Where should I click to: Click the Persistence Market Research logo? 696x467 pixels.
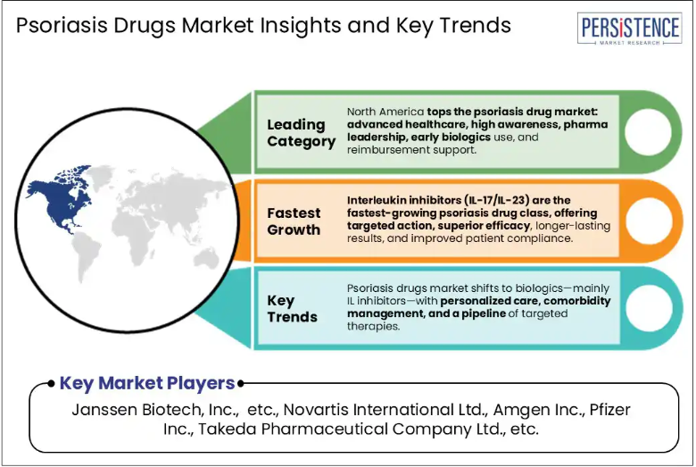point(629,29)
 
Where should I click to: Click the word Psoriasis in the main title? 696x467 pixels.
point(62,25)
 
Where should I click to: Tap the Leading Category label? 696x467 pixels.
point(302,133)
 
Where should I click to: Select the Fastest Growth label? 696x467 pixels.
point(294,221)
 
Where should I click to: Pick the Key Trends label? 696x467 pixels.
point(292,309)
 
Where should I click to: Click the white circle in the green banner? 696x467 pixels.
point(648,132)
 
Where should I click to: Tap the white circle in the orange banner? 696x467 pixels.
point(649,221)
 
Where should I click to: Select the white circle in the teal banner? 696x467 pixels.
point(649,308)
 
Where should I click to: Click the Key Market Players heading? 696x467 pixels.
point(147,383)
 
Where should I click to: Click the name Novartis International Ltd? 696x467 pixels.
point(385,410)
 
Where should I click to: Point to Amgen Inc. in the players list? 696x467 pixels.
point(539,410)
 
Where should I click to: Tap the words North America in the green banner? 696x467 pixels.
point(385,112)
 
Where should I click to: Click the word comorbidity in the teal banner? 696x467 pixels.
point(577,301)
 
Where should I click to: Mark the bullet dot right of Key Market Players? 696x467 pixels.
point(241,383)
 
